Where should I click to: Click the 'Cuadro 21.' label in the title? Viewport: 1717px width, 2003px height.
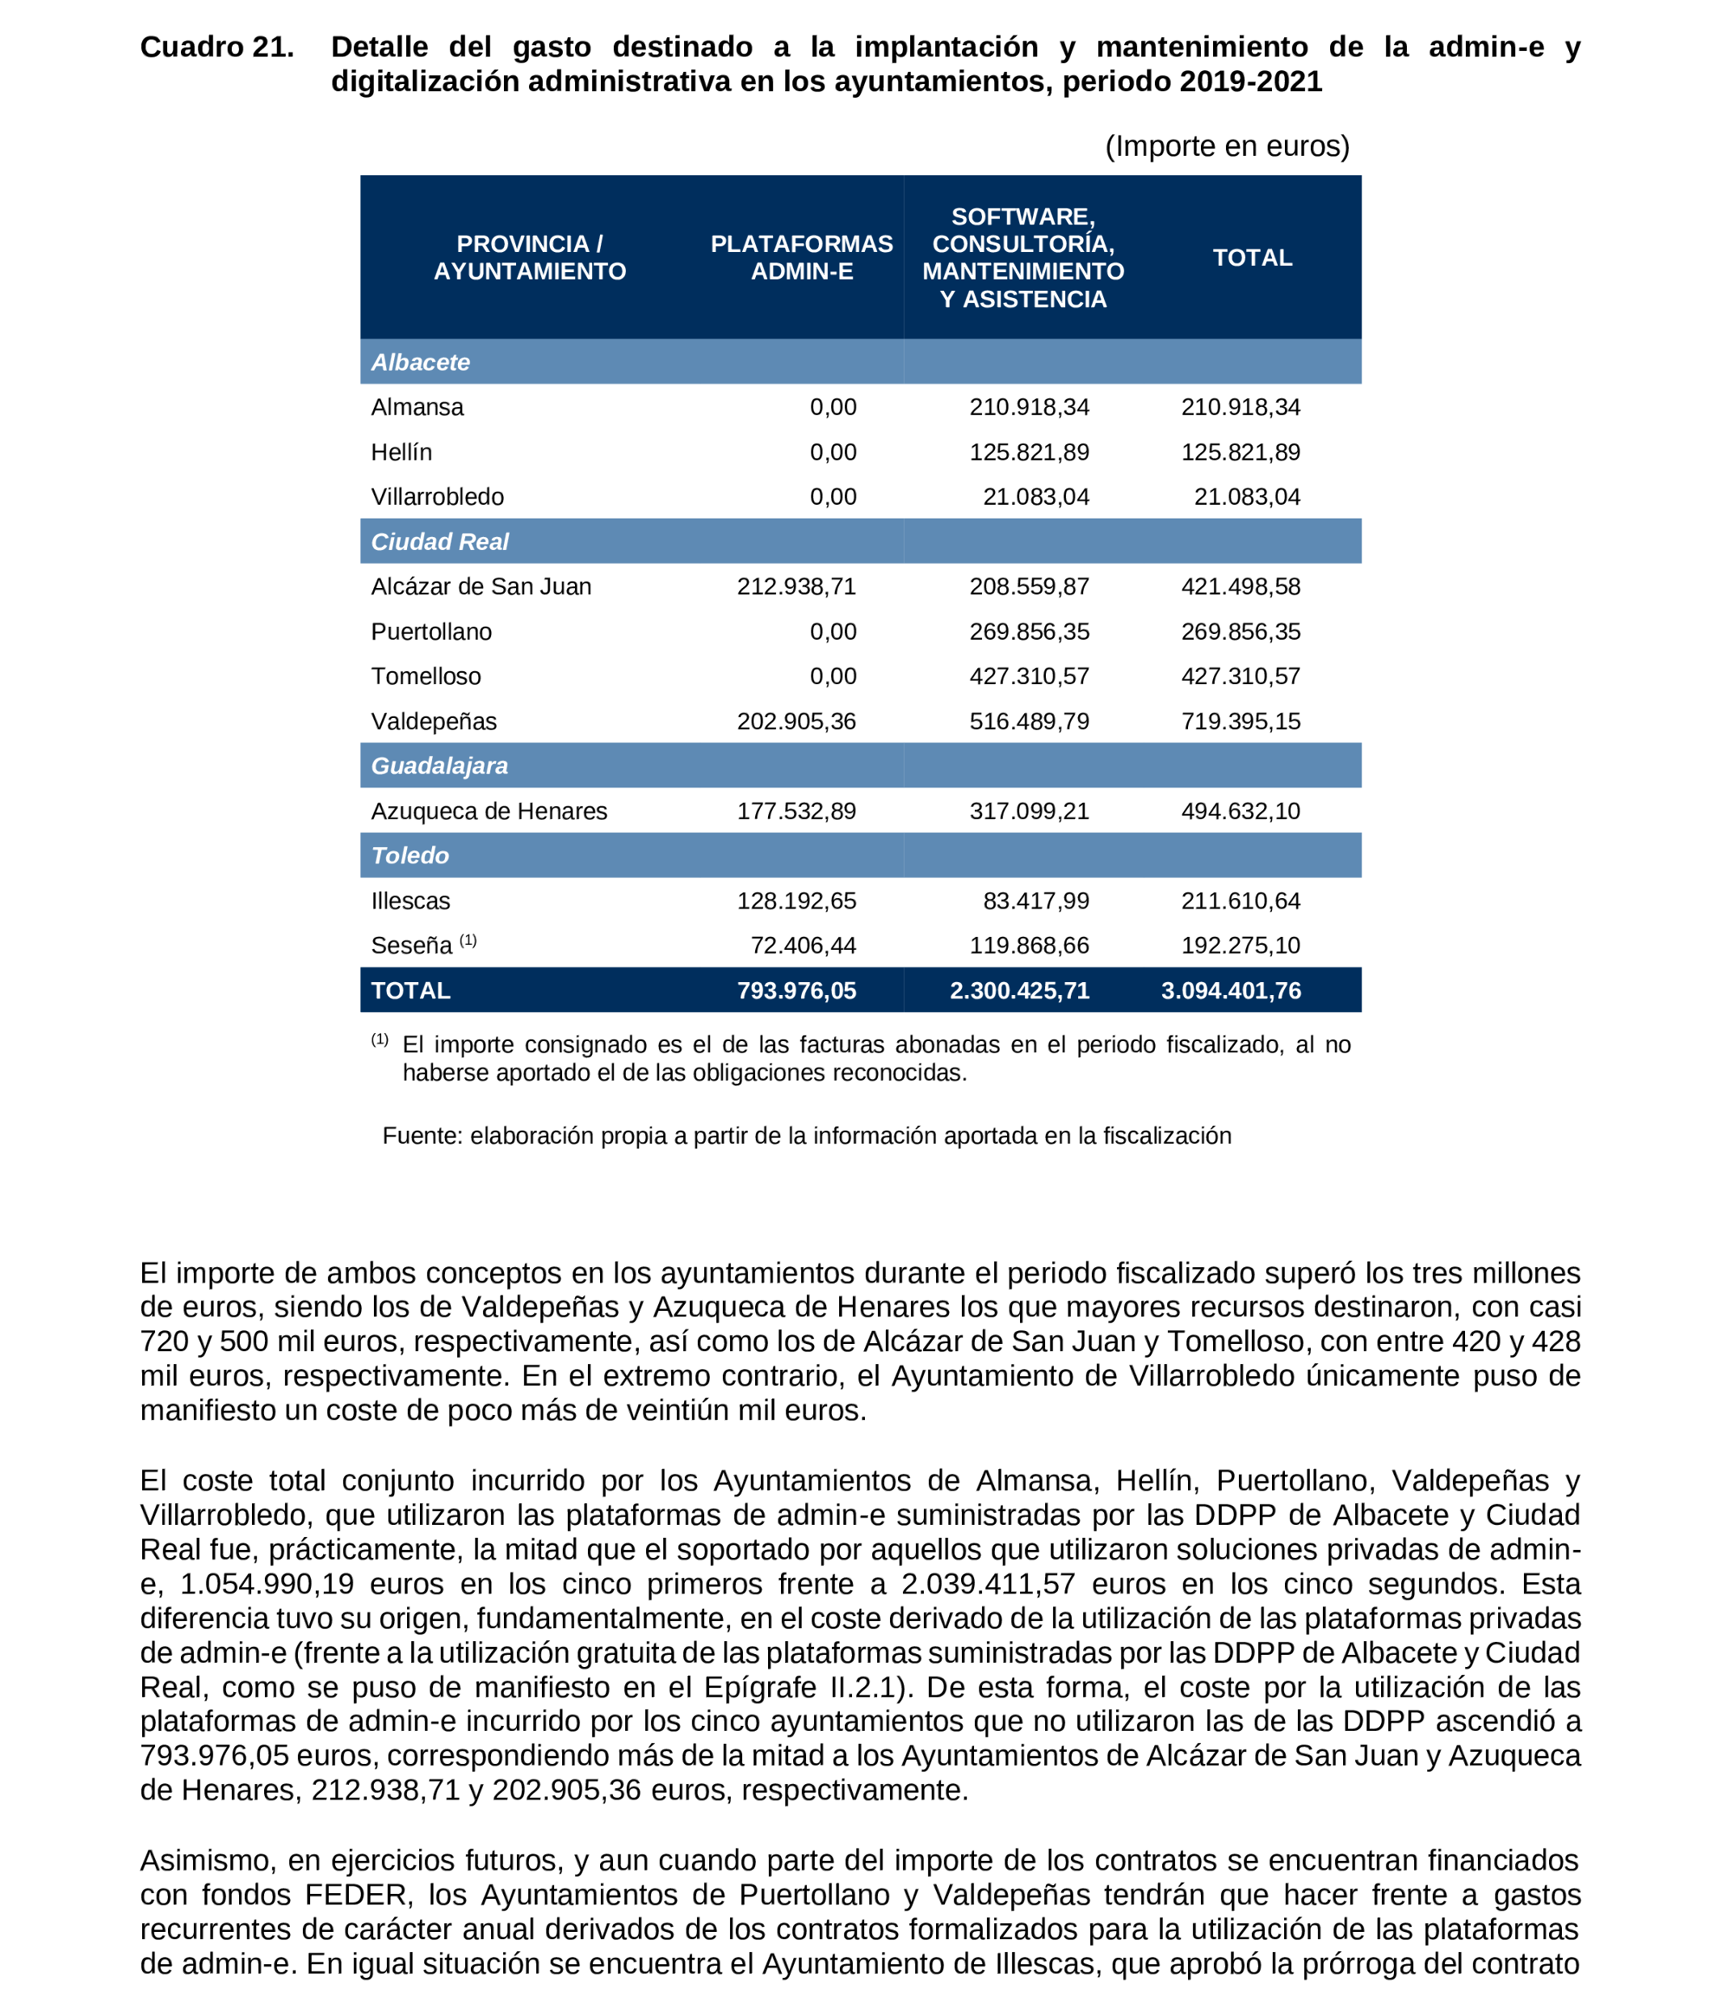pyautogui.click(x=216, y=48)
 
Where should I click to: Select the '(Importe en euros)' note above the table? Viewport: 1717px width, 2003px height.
pyautogui.click(x=1226, y=146)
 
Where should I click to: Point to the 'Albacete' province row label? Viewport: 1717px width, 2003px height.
pyautogui.click(x=420, y=363)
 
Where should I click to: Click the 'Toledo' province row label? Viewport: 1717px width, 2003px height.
pyautogui.click(x=410, y=855)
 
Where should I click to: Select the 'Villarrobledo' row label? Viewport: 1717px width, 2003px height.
pyautogui.click(x=437, y=497)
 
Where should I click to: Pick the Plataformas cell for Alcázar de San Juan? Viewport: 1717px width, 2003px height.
pyautogui.click(x=796, y=587)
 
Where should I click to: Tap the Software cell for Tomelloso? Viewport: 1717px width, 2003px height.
pyautogui.click(x=1029, y=677)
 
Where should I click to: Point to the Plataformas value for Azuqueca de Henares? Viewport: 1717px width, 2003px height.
pyautogui.click(x=796, y=811)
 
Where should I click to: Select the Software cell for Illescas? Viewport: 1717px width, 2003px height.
pyautogui.click(x=1035, y=901)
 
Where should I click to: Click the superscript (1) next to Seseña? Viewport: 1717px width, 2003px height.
pyautogui.click(x=468, y=939)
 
